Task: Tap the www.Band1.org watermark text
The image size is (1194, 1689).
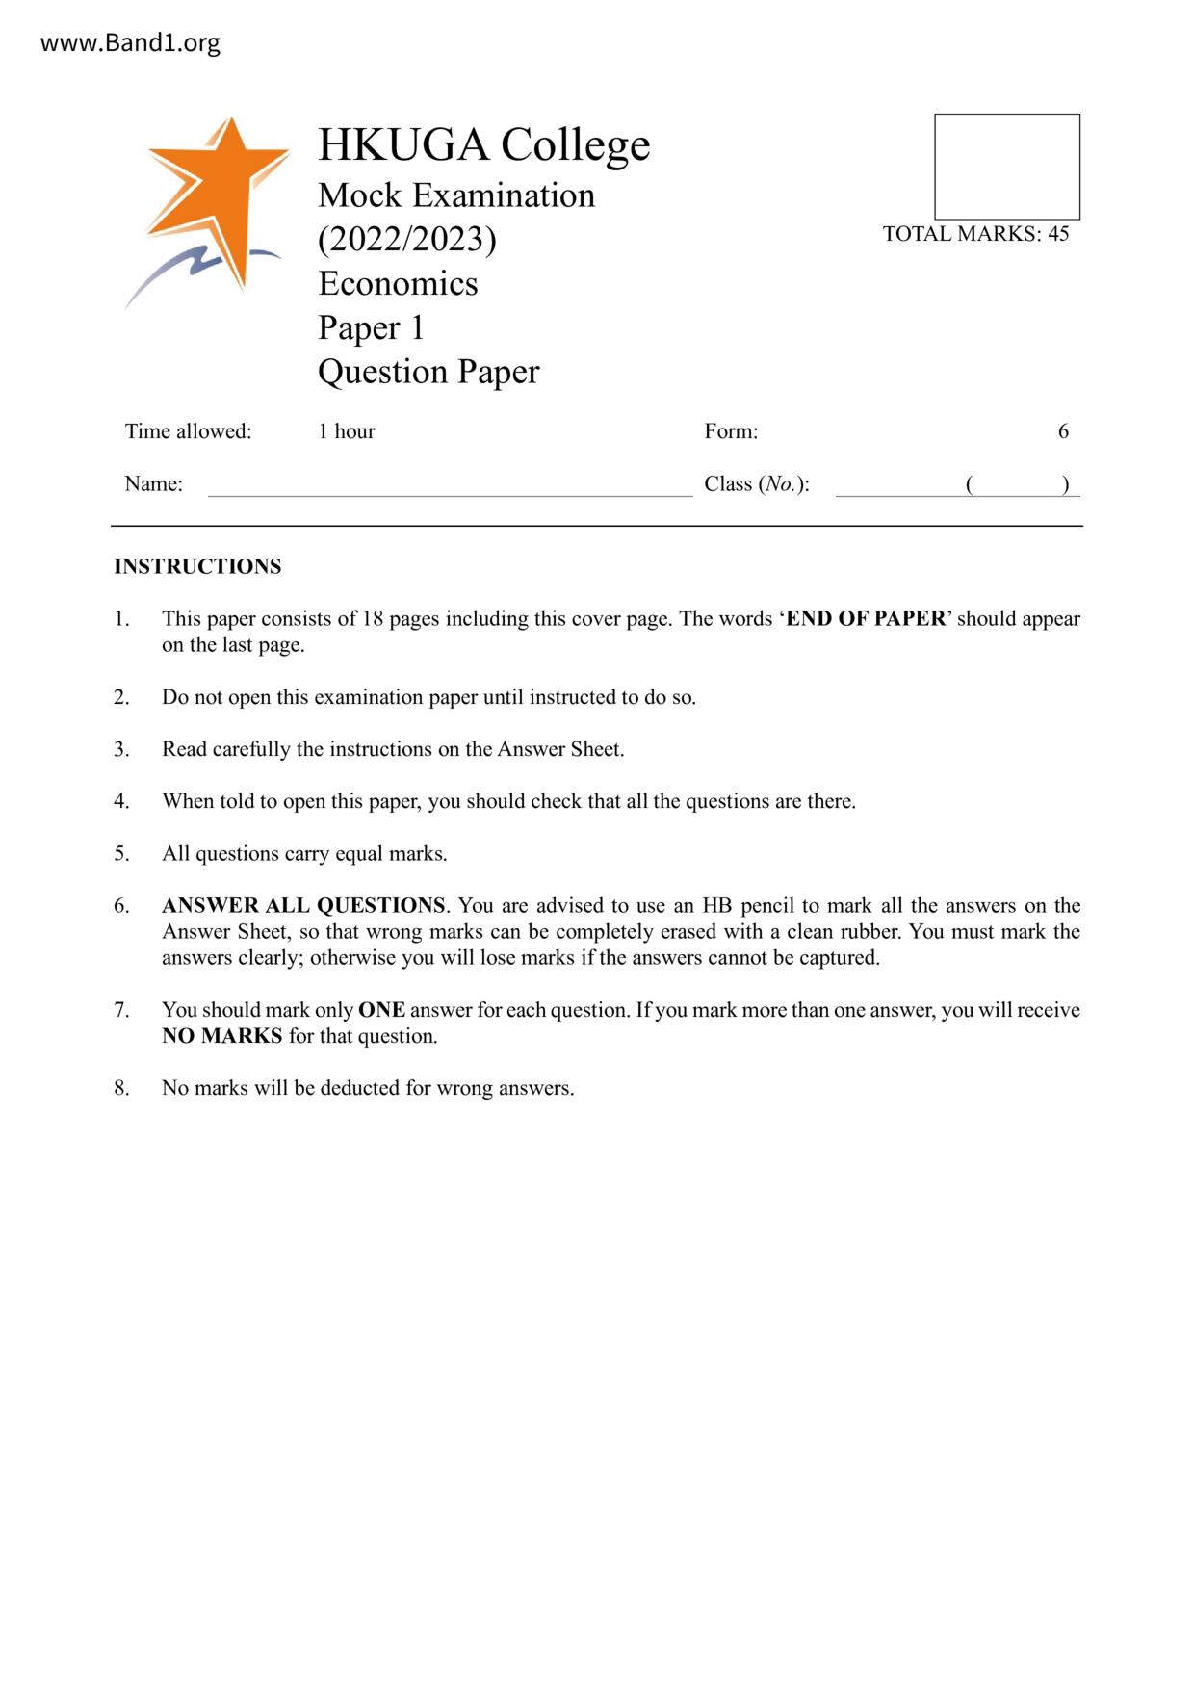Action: coord(130,43)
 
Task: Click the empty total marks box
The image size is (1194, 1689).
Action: coord(1006,167)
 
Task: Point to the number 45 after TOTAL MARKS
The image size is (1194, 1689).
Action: coord(1058,234)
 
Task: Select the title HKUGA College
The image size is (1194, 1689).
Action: coord(483,144)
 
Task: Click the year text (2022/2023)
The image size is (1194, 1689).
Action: coord(406,239)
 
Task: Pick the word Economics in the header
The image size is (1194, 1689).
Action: coord(398,283)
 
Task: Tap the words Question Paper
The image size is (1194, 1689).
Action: coord(428,372)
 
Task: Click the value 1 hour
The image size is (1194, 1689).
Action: coord(347,431)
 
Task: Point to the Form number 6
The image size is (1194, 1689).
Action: coord(1063,431)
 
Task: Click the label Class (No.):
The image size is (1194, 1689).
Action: coord(756,484)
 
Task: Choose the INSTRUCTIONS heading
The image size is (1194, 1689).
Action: coord(197,566)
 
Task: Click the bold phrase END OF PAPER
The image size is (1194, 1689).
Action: coord(866,618)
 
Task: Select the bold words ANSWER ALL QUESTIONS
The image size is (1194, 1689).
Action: coord(303,905)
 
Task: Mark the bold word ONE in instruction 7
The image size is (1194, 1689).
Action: coord(381,1010)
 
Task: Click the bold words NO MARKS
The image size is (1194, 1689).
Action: coord(221,1036)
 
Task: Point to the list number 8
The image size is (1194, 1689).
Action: coord(121,1088)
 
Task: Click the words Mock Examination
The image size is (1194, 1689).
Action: coord(456,195)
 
